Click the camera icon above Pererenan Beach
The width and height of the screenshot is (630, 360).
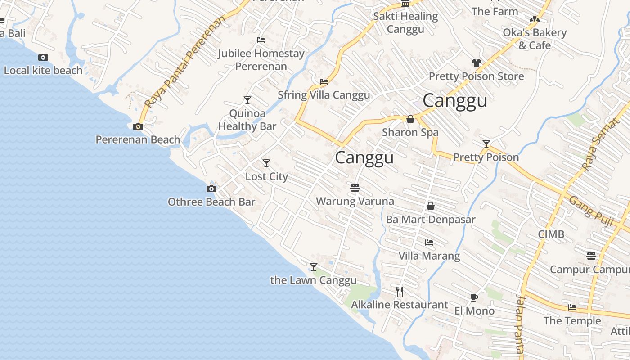point(138,127)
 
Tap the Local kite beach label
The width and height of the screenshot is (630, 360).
point(43,71)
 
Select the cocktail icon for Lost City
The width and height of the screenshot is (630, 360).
point(266,163)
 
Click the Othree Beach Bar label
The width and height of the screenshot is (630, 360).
point(211,202)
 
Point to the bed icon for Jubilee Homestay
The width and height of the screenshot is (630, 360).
point(261,40)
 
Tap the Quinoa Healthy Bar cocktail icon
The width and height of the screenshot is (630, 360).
point(247,100)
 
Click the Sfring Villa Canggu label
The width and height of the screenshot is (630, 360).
point(324,95)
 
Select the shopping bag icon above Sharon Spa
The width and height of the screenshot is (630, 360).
point(410,119)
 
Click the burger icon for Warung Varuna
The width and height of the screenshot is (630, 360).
point(355,188)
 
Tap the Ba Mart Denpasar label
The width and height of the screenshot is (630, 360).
point(431,220)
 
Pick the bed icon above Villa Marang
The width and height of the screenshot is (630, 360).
point(429,243)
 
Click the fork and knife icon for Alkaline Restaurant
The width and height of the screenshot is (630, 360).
point(400,292)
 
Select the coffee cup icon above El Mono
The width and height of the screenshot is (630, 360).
point(474,297)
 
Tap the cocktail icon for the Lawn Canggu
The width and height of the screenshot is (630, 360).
point(314,267)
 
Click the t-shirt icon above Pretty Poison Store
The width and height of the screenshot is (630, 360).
point(477,63)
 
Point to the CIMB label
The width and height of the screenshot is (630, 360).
point(551,234)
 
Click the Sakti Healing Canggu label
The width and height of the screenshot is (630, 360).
point(405,23)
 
